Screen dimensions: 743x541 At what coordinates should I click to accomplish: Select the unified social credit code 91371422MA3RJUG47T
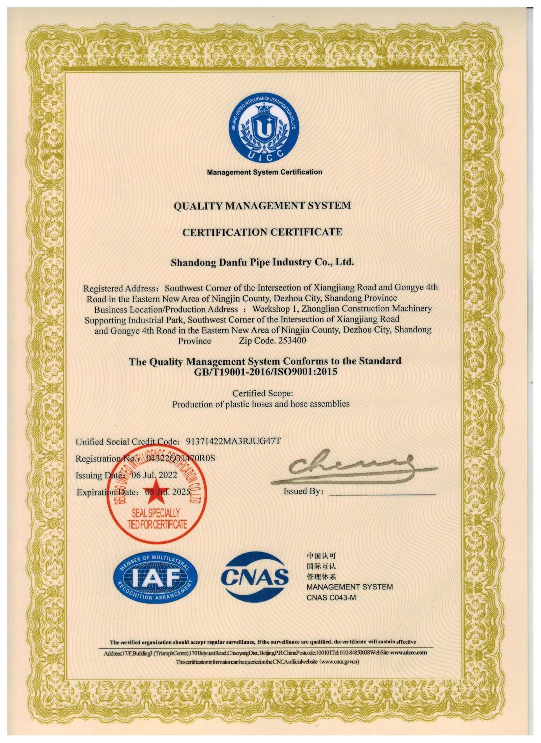click(x=233, y=441)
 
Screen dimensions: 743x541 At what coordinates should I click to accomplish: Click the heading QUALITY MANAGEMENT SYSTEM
click(x=262, y=205)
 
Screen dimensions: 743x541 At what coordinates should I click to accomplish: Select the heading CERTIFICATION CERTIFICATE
click(x=262, y=232)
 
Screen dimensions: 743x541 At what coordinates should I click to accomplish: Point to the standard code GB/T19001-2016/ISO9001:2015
click(x=265, y=372)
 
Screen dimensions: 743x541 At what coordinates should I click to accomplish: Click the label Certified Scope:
click(x=262, y=393)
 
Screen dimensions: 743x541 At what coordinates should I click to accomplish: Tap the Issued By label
click(x=303, y=492)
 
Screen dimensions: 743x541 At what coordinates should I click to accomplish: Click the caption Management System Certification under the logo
click(x=264, y=172)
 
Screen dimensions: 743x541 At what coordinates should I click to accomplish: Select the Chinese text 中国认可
click(x=321, y=556)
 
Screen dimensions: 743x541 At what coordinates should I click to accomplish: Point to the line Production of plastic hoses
click(x=261, y=404)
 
